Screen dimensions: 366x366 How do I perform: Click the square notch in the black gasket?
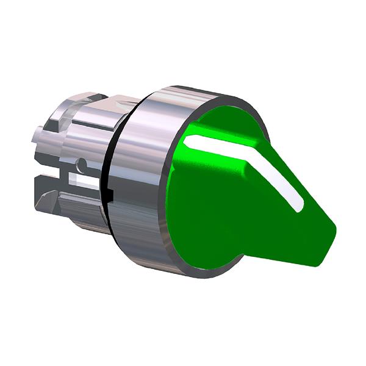(x=111, y=193)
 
